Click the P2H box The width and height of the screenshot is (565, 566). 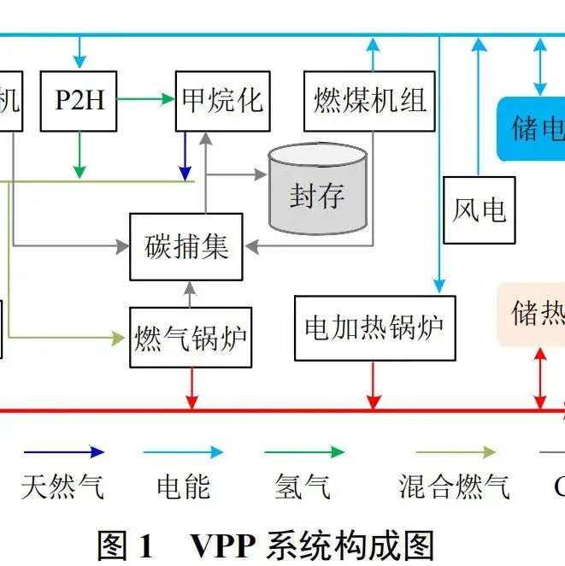(79, 102)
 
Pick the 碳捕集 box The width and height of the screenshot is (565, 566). (186, 246)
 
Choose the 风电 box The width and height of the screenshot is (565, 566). (479, 209)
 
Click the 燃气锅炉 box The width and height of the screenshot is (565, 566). (191, 338)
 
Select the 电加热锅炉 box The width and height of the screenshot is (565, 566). (374, 327)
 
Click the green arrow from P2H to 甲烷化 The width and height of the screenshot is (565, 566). (145, 99)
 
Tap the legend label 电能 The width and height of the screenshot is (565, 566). (183, 487)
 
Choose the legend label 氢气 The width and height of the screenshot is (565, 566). (303, 487)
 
